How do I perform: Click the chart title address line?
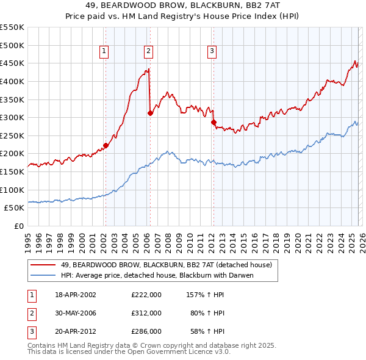[x=183, y=5]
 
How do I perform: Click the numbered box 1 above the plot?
[x=105, y=51]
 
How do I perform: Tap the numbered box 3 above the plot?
[x=212, y=51]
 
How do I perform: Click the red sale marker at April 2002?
[x=106, y=145]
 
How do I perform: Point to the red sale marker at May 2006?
[x=150, y=113]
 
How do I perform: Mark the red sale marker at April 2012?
[x=213, y=122]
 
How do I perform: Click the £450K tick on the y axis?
[x=12, y=63]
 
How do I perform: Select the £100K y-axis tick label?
[x=12, y=190]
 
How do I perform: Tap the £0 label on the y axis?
[x=19, y=226]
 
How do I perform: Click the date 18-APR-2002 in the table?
[x=76, y=295]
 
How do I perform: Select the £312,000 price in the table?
[x=146, y=313]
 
